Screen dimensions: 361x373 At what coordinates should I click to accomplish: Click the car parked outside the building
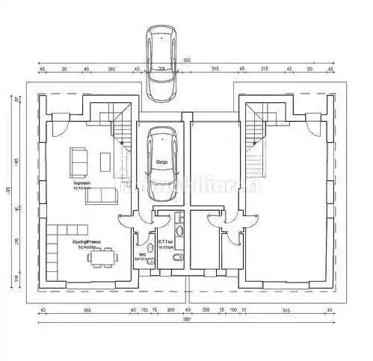click(x=161, y=64)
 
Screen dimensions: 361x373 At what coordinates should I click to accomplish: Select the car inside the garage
click(x=161, y=164)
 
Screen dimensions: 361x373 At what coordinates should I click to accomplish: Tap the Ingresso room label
click(x=81, y=183)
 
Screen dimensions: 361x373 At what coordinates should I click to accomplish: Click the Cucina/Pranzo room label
click(x=87, y=244)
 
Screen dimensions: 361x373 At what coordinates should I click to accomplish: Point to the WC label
click(x=141, y=254)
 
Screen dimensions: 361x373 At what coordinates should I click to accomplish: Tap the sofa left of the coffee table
click(x=78, y=159)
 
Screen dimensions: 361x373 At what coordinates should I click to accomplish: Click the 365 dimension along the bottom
click(x=86, y=309)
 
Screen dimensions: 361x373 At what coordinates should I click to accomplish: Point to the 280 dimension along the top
click(x=111, y=70)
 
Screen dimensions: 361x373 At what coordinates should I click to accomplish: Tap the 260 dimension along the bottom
click(x=206, y=309)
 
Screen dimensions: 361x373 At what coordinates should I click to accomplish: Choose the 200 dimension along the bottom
click(x=170, y=309)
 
